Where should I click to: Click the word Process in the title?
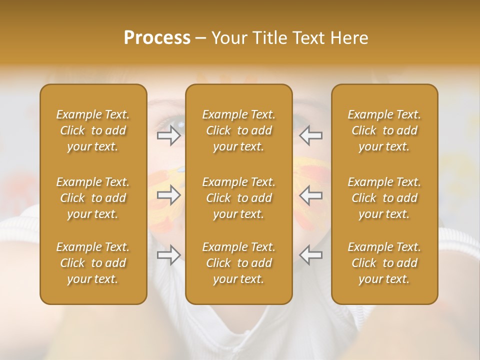pyautogui.click(x=157, y=38)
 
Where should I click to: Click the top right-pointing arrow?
pyautogui.click(x=168, y=135)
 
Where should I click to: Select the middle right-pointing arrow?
pyautogui.click(x=168, y=195)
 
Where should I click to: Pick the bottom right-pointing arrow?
pyautogui.click(x=168, y=255)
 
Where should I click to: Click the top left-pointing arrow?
pyautogui.click(x=310, y=135)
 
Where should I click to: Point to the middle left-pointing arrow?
pyautogui.click(x=310, y=195)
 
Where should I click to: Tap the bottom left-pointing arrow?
pyautogui.click(x=310, y=255)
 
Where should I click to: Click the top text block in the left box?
pyautogui.click(x=93, y=130)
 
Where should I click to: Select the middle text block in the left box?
pyautogui.click(x=93, y=198)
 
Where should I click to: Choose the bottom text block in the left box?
pyautogui.click(x=93, y=263)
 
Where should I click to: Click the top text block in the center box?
pyautogui.click(x=238, y=130)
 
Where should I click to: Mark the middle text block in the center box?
pyautogui.click(x=238, y=198)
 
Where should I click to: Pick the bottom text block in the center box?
pyautogui.click(x=238, y=263)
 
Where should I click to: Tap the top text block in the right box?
pyautogui.click(x=384, y=130)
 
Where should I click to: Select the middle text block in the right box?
pyautogui.click(x=384, y=198)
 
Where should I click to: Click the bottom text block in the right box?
pyautogui.click(x=384, y=263)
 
